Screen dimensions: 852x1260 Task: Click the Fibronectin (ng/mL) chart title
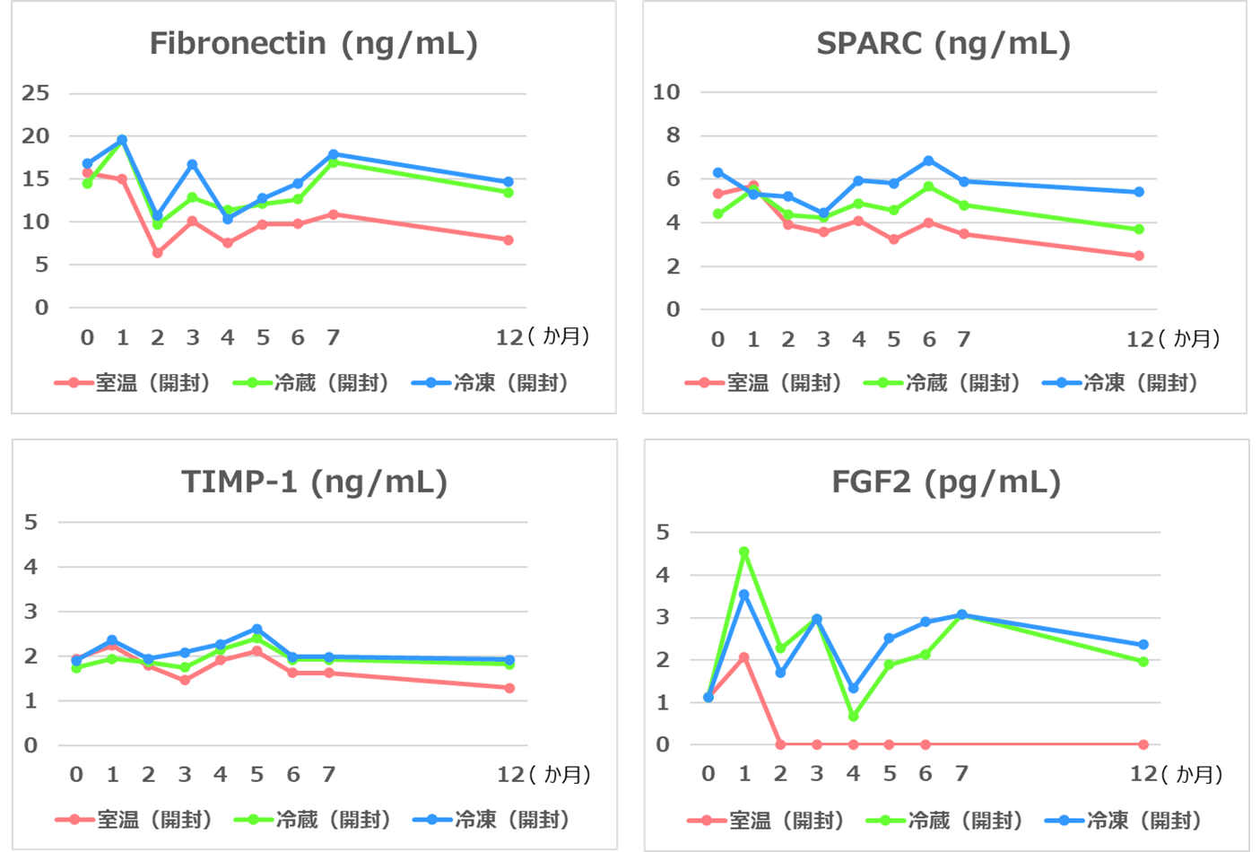pyautogui.click(x=313, y=44)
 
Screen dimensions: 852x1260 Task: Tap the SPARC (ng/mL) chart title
pyautogui.click(x=943, y=44)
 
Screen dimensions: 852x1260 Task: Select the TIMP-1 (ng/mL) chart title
pyautogui.click(x=314, y=483)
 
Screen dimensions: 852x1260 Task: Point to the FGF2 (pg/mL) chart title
pyautogui.click(x=946, y=483)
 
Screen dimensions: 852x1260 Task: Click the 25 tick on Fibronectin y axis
pyautogui.click(x=36, y=93)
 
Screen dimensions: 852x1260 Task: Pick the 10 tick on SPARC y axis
pyautogui.click(x=666, y=91)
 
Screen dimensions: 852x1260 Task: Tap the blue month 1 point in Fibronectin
pyautogui.click(x=122, y=140)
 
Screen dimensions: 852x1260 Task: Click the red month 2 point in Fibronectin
pyautogui.click(x=158, y=253)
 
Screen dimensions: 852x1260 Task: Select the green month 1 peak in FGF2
pyautogui.click(x=744, y=552)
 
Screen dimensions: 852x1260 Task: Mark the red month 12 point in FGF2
pyautogui.click(x=1143, y=744)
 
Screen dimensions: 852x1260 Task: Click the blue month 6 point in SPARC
pyautogui.click(x=929, y=161)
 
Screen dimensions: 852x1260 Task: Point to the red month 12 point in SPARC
pyautogui.click(x=1139, y=256)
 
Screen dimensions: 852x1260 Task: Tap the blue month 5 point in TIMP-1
pyautogui.click(x=257, y=629)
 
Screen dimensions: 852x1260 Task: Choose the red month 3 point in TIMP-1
pyautogui.click(x=185, y=680)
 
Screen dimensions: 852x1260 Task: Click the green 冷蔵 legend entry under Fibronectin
pyautogui.click(x=311, y=383)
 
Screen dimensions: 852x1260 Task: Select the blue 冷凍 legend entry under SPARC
pyautogui.click(x=1120, y=383)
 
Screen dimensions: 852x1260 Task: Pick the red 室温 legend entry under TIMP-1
pyautogui.click(x=134, y=820)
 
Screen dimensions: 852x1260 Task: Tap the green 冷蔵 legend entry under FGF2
pyautogui.click(x=944, y=821)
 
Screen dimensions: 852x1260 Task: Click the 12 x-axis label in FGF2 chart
pyautogui.click(x=1143, y=774)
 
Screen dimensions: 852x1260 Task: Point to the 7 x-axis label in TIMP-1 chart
pyautogui.click(x=329, y=774)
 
